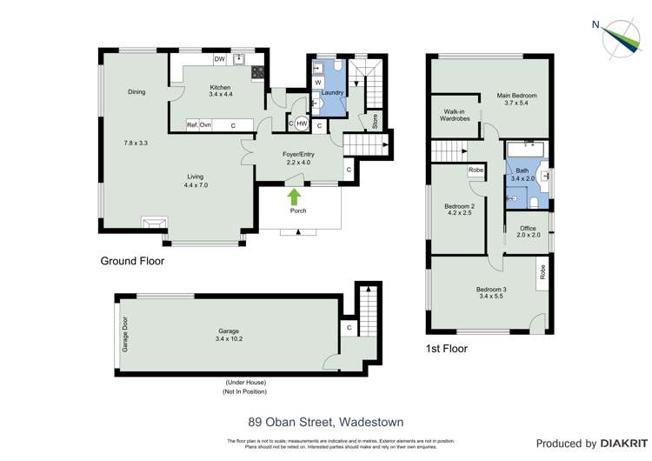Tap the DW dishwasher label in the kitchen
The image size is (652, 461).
click(x=220, y=59)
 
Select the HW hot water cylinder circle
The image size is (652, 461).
click(x=302, y=124)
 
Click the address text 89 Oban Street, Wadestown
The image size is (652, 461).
click(x=325, y=422)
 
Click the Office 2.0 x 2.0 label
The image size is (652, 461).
click(x=528, y=231)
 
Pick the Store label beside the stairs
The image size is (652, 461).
click(x=375, y=120)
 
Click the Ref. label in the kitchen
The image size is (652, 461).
click(x=192, y=125)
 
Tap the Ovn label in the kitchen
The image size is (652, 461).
click(x=206, y=125)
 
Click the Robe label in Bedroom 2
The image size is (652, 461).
click(x=476, y=170)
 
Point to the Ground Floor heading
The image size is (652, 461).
click(x=132, y=260)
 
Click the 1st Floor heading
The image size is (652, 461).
click(x=447, y=349)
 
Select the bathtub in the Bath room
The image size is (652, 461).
click(x=525, y=150)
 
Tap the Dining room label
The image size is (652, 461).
click(x=136, y=92)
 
